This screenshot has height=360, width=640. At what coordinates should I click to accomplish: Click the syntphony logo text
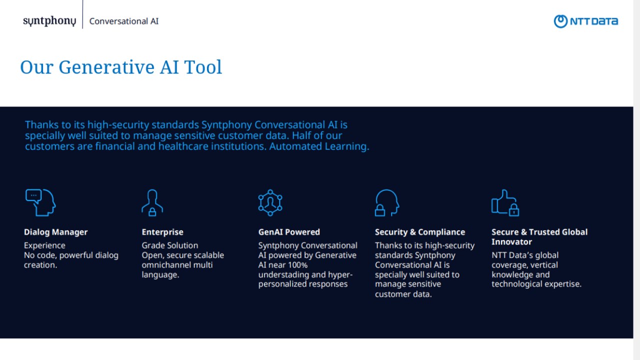(49, 21)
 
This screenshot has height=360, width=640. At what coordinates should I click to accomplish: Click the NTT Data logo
(585, 21)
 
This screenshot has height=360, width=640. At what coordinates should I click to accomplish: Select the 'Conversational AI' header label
(123, 21)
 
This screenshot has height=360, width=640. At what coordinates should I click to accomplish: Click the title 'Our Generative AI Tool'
(121, 67)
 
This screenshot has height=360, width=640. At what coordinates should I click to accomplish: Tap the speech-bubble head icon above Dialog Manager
(40, 202)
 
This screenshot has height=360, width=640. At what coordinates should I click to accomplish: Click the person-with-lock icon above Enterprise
(152, 202)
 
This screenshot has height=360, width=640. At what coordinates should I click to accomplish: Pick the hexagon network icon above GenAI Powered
(270, 202)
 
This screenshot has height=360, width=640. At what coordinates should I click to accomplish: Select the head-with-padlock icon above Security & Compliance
(387, 202)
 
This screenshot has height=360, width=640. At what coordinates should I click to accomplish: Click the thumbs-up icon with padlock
(505, 202)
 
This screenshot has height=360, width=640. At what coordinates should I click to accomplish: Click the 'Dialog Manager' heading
(55, 232)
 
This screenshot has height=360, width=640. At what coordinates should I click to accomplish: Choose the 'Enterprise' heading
(162, 232)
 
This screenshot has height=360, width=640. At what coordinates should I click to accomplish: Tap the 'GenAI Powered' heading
(289, 232)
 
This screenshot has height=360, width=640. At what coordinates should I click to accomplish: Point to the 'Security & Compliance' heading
(419, 232)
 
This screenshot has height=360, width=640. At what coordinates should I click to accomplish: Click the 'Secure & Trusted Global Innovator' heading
(539, 237)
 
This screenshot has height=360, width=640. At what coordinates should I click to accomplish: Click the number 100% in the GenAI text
(297, 265)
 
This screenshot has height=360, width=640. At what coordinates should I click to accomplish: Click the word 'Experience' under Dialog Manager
(44, 245)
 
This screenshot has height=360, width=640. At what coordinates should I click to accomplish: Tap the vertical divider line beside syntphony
(82, 14)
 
